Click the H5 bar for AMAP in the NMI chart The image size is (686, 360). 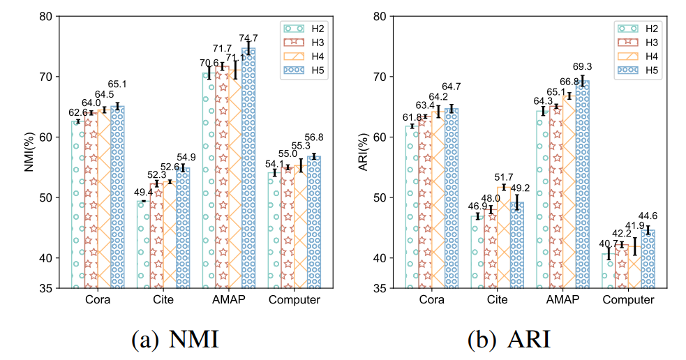[248, 167]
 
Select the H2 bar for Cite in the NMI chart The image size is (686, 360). [144, 244]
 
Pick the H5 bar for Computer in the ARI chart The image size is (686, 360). [648, 258]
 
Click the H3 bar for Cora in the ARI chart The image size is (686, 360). [425, 202]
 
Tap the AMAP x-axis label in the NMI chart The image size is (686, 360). [229, 301]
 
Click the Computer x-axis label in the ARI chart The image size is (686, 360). [628, 301]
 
